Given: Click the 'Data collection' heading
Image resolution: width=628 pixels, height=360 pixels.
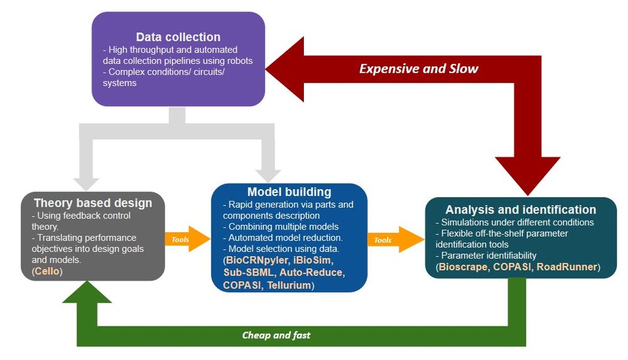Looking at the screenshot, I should coord(178,36).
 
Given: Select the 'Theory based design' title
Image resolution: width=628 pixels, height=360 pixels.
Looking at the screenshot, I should coord(93,202).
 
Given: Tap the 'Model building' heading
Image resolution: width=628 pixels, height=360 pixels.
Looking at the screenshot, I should coord(289,192).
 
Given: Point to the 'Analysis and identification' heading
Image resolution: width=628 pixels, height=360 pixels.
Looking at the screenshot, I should coord(521,210).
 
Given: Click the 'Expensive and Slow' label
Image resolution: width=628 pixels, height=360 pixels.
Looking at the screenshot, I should coord(419,68).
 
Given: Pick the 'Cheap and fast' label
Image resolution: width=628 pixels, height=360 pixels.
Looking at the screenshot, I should coord(276,335).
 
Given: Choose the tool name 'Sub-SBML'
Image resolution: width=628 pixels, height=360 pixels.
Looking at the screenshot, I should coord(248,273).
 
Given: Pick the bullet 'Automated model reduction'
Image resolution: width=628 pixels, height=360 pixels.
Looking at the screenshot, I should coord(285,237).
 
